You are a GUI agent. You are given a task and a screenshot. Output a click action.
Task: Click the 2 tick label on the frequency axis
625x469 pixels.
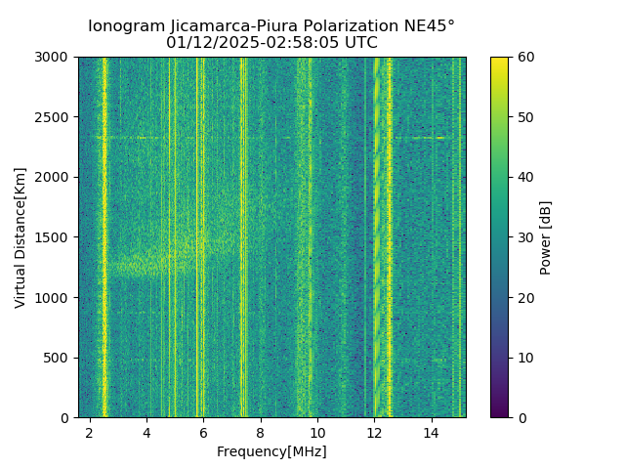[x=90, y=432]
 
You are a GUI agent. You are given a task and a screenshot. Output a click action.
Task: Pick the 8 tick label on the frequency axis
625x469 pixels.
[x=260, y=432]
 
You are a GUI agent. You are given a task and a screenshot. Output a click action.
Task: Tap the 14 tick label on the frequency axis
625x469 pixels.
[x=431, y=432]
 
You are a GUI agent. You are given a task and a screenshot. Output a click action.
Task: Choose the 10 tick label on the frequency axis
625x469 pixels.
[x=317, y=432]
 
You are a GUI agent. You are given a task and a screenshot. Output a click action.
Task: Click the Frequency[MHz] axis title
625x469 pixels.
[x=271, y=451]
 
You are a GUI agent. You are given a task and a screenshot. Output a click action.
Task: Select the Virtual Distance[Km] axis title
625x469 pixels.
[x=21, y=237]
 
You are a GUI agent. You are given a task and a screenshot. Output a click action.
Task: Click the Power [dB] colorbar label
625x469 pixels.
[x=546, y=237]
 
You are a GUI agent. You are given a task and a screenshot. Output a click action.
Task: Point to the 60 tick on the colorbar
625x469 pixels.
[x=509, y=57]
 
